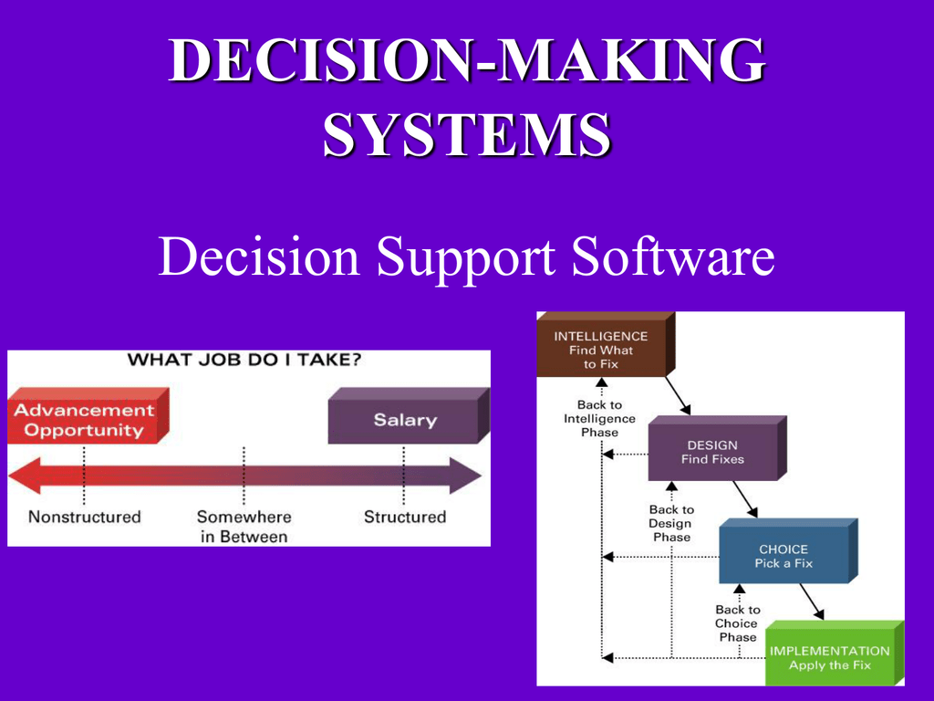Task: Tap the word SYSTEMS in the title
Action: point(467,134)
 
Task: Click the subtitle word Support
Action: point(466,259)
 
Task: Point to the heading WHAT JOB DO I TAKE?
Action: point(244,360)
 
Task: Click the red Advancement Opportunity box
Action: point(84,420)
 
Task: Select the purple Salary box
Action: point(405,421)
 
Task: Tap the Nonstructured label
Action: point(85,517)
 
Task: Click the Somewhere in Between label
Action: point(244,527)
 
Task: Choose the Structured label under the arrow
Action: point(405,517)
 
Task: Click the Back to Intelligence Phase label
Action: point(599,418)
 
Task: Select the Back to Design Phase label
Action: point(671,523)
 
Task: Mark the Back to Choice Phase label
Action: point(737,623)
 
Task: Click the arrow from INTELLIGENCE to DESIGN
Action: point(678,394)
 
